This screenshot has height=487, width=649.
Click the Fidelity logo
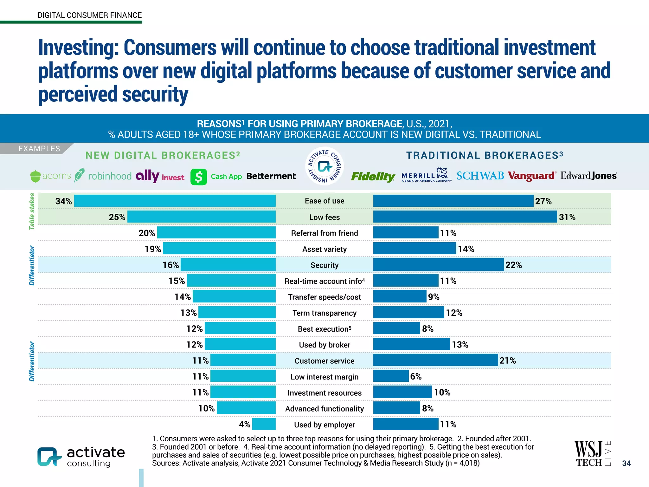(373, 176)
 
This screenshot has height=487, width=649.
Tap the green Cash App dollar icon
(199, 177)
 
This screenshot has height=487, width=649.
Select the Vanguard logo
(531, 176)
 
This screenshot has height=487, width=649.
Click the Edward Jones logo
(588, 176)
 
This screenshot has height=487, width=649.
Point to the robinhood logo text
(110, 176)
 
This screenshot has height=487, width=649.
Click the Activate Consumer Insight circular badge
(324, 166)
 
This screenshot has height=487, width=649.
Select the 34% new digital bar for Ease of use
(175, 201)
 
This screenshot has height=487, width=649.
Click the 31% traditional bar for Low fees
(465, 217)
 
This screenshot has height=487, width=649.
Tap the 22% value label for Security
(513, 265)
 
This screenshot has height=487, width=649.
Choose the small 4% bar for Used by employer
(264, 424)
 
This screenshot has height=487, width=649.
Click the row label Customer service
(324, 361)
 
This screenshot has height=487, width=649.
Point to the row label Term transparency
(324, 313)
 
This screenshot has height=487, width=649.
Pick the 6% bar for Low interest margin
(391, 376)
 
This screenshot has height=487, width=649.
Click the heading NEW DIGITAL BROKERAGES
(163, 155)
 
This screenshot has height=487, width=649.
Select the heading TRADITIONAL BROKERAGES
(485, 155)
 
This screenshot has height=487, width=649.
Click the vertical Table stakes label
(32, 211)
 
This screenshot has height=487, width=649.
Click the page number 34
(626, 463)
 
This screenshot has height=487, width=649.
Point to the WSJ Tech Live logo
(592, 454)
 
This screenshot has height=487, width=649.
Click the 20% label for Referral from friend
(147, 233)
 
